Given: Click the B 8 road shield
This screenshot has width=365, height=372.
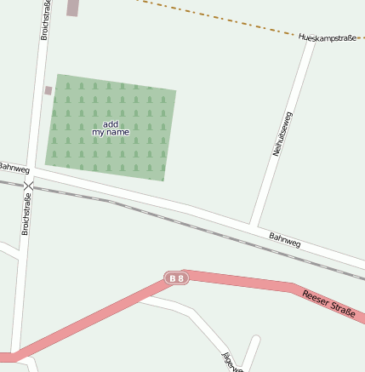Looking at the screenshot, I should pos(175,278).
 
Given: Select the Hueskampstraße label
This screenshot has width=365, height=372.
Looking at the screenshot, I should pos(328,37).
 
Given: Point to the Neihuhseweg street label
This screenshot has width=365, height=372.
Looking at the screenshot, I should pos(282,134).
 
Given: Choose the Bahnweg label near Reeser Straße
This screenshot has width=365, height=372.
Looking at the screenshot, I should pos(285,241).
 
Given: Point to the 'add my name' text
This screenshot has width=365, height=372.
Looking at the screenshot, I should pos(111,129).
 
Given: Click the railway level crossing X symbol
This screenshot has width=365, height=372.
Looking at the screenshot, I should pos(28,185).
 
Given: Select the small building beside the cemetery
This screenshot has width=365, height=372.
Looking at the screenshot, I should pos(48,90).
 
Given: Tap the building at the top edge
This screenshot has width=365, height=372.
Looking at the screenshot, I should pos(72,8).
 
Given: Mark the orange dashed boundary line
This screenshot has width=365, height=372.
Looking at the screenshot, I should pos(213,18).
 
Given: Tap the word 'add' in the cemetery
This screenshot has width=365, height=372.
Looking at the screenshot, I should pos(110,124).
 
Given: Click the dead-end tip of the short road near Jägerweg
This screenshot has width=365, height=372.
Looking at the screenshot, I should pos(256,339).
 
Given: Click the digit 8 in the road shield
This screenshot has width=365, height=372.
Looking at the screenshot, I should pos(180,278).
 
